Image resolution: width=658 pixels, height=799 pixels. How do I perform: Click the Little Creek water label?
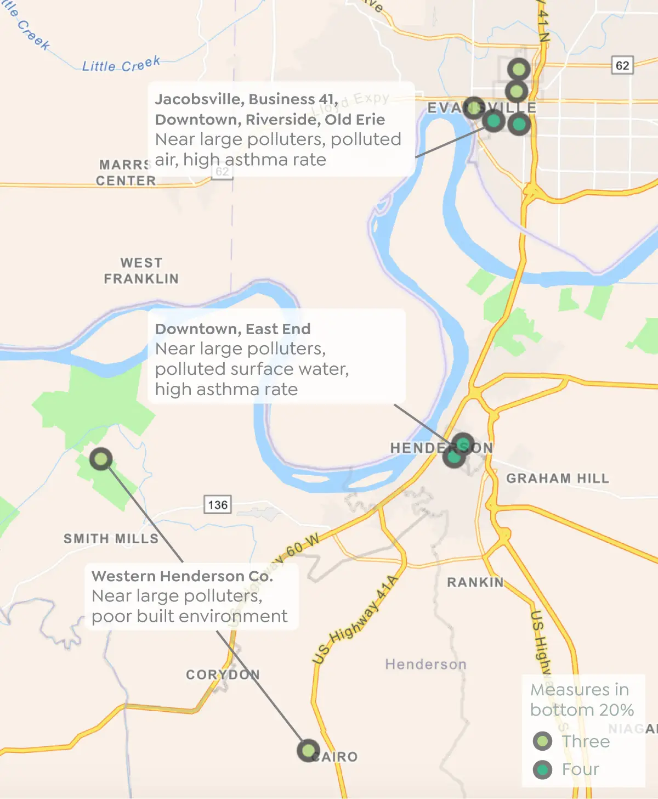121,65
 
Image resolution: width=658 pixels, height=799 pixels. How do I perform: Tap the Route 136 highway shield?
218,504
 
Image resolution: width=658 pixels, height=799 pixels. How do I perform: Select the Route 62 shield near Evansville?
622,65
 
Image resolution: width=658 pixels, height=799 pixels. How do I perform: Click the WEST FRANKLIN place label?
141,271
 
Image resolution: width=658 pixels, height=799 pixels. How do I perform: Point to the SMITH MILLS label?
111,539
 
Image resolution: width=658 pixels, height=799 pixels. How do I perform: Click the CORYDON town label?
223,674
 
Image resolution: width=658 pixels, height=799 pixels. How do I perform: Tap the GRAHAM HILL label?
558,479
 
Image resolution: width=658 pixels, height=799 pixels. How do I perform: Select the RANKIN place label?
475,582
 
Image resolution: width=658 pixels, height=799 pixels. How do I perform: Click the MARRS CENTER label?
126,173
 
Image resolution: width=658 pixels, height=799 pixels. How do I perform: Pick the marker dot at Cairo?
308,750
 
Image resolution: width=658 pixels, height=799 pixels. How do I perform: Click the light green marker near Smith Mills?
101,459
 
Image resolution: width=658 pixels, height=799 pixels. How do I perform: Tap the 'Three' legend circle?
543,741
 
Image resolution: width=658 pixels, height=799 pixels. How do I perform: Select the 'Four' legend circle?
543,769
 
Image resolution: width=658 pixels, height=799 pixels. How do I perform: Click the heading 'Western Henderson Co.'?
182,576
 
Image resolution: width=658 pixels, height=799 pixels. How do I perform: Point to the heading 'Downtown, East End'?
232,329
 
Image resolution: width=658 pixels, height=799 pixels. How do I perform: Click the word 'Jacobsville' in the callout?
198,99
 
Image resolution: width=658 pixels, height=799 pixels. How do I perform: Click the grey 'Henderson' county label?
426,665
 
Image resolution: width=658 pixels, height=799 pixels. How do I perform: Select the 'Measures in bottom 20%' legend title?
582,700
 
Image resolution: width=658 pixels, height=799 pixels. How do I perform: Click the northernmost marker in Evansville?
519,69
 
